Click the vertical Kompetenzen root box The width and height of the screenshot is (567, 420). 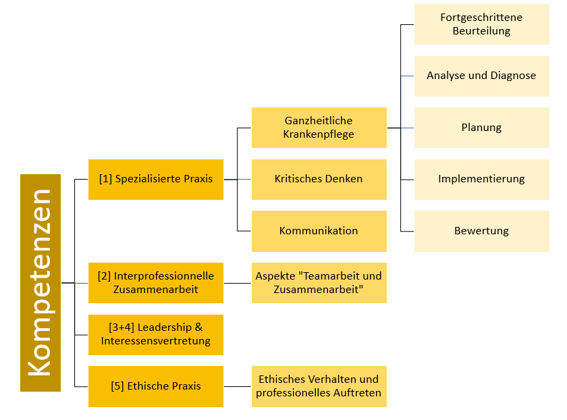(x=40, y=283)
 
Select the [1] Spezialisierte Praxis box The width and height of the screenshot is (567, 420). (x=156, y=180)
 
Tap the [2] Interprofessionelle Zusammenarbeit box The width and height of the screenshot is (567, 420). (x=156, y=283)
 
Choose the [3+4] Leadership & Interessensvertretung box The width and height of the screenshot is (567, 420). (x=156, y=335)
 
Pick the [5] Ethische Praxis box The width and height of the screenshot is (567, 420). (x=156, y=386)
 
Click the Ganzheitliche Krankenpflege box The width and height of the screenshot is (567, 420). (x=319, y=128)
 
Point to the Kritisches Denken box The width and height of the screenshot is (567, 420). (x=319, y=180)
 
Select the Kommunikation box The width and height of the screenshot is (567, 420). (x=319, y=231)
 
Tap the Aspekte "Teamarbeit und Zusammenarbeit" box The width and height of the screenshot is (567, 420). (x=319, y=283)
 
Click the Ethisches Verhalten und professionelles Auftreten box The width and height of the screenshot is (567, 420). (x=319, y=386)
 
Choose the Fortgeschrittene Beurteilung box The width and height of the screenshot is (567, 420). (x=481, y=24)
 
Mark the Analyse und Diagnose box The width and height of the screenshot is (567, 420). (x=481, y=76)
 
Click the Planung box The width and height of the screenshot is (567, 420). (x=481, y=128)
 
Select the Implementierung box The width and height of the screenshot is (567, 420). (x=481, y=180)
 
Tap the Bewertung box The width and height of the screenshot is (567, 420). (x=481, y=231)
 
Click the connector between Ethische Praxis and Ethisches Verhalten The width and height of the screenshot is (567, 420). (x=238, y=386)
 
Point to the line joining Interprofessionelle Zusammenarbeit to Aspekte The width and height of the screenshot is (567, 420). (x=238, y=283)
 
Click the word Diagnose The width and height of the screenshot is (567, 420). (x=511, y=76)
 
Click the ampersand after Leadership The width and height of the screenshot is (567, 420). (x=198, y=327)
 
